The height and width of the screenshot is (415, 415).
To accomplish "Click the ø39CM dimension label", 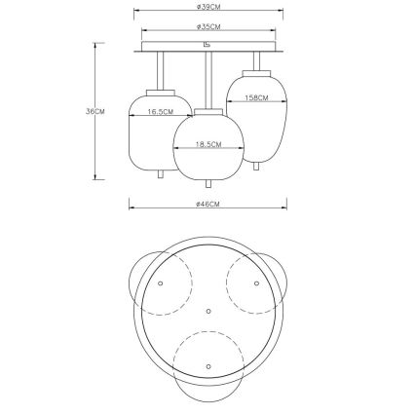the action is click(x=208, y=7).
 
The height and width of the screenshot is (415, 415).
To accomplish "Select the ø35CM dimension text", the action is click(x=208, y=27).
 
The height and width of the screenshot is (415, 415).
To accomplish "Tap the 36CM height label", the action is click(x=95, y=111).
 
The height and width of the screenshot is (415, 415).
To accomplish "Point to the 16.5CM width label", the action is click(x=160, y=112).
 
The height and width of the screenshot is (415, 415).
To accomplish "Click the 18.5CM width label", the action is click(x=208, y=144).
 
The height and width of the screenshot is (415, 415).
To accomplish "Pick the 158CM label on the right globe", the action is click(x=256, y=97).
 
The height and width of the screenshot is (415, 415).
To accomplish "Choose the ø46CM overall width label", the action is click(x=208, y=204).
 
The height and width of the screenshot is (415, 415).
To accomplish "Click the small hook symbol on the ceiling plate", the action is click(x=207, y=44).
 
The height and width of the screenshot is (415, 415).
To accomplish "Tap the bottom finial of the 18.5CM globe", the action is click(x=208, y=184).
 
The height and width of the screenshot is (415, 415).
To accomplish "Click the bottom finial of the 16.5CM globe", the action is click(x=160, y=174).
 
